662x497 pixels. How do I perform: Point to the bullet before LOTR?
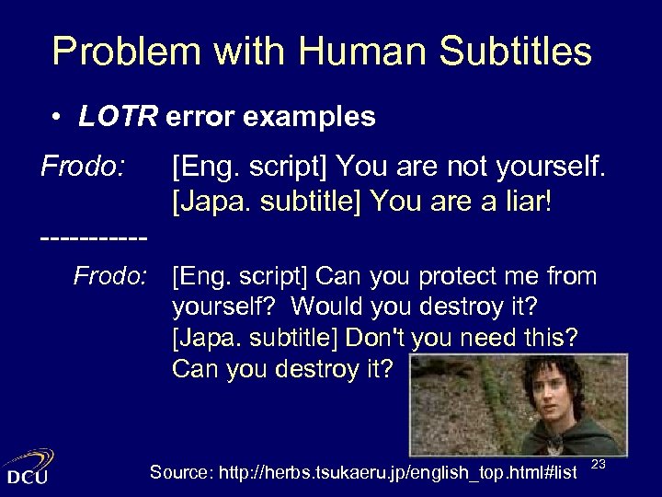57,118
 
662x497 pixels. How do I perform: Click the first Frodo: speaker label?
83,168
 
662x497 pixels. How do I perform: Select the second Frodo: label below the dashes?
110,276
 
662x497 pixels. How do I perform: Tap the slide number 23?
598,465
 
